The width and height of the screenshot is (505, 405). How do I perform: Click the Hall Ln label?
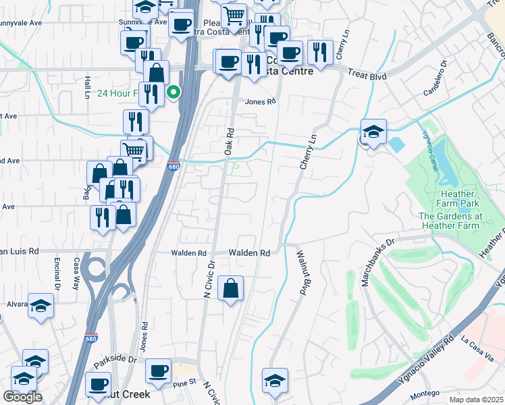coord(87,86)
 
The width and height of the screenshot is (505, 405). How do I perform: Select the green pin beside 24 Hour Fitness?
coord(174,93)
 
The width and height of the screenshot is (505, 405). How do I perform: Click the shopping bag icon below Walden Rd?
coord(231,289)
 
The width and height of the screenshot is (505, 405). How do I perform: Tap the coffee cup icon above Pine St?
coord(159,371)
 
